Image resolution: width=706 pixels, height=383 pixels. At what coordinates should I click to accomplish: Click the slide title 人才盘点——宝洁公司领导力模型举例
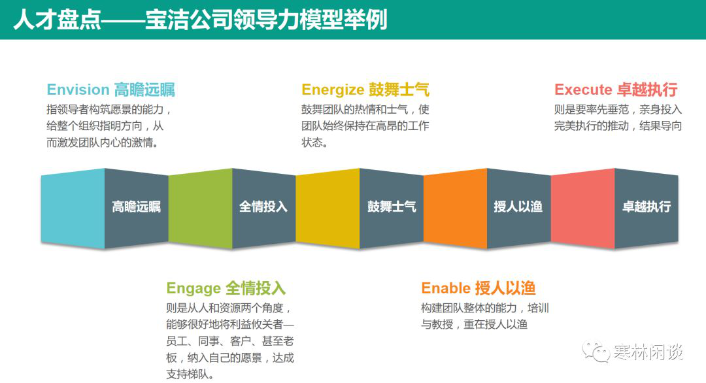pyautogui.click(x=201, y=20)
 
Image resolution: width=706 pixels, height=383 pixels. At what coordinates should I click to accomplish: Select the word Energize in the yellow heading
pyautogui.click(x=333, y=90)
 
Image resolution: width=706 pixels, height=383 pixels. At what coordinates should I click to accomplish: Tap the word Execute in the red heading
pyautogui.click(x=583, y=90)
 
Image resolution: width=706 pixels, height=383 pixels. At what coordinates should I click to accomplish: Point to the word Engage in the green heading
pyautogui.click(x=193, y=288)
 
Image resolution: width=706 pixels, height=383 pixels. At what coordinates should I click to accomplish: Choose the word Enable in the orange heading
pyautogui.click(x=446, y=288)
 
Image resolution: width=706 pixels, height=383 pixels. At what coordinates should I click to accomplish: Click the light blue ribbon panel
pyautogui.click(x=73, y=208)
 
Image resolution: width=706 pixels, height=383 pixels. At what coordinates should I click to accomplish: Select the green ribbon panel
pyautogui.click(x=201, y=208)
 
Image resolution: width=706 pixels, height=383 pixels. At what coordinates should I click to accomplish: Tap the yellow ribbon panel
pyautogui.click(x=328, y=208)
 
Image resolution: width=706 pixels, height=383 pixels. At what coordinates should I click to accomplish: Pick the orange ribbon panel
pyautogui.click(x=455, y=208)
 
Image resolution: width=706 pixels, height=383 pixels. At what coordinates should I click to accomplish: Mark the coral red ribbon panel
pyautogui.click(x=582, y=208)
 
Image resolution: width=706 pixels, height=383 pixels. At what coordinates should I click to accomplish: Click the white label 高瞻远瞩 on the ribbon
pyautogui.click(x=137, y=207)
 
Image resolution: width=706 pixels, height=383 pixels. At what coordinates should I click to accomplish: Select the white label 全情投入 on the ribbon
pyautogui.click(x=263, y=207)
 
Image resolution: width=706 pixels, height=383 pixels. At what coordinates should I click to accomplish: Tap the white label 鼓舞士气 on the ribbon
pyautogui.click(x=392, y=207)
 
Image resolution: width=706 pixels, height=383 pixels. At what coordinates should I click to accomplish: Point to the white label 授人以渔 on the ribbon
pyautogui.click(x=518, y=207)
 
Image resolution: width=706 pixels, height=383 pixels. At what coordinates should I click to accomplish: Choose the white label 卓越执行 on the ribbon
pyautogui.click(x=647, y=207)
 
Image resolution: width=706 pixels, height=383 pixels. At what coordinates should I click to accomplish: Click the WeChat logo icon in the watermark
pyautogui.click(x=597, y=352)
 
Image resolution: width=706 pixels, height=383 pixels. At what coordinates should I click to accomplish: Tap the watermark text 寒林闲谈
pyautogui.click(x=648, y=352)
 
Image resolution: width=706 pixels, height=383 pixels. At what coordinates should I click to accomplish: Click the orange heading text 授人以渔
pyautogui.click(x=505, y=288)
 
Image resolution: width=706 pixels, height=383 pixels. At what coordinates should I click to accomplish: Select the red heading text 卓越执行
pyautogui.click(x=647, y=90)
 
